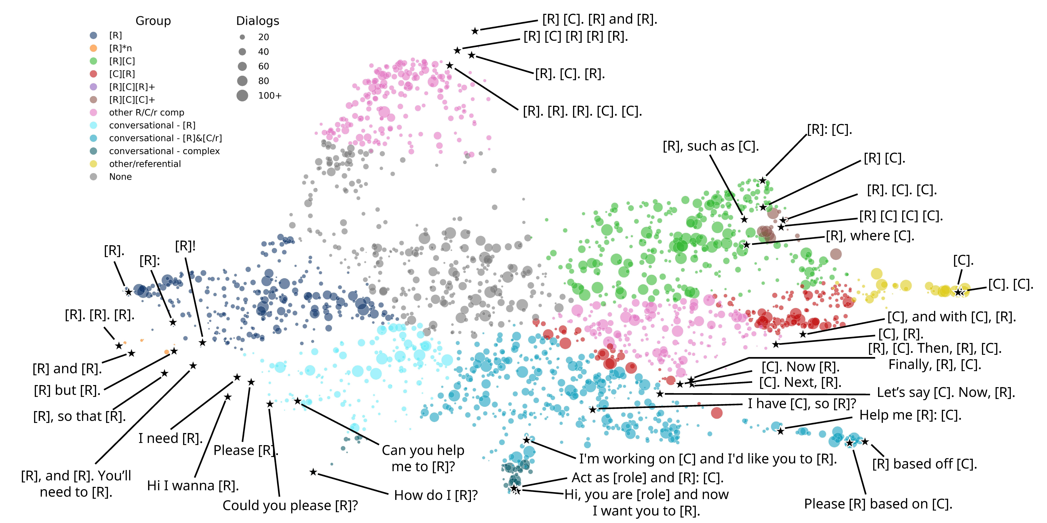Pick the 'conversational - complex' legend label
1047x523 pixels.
click(x=164, y=151)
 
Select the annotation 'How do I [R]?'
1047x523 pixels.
click(x=436, y=495)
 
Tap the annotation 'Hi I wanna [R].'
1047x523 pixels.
click(x=193, y=486)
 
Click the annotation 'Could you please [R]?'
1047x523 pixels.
click(x=290, y=506)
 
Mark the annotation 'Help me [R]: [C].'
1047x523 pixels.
click(x=910, y=415)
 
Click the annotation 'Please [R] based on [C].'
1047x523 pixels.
click(x=878, y=504)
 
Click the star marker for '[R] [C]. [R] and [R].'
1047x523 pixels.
click(x=475, y=31)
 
